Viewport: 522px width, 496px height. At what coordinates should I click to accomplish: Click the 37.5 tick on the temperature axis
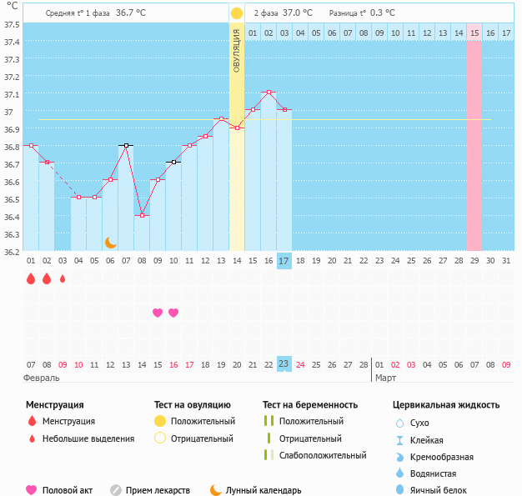11,24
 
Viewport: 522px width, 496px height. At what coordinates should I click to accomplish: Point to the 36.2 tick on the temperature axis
11,252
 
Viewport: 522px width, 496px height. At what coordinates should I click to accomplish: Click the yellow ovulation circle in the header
237,13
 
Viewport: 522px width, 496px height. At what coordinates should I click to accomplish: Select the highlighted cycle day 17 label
284,261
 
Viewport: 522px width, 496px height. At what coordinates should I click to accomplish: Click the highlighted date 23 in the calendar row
284,364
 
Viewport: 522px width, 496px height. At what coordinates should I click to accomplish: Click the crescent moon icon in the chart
110,242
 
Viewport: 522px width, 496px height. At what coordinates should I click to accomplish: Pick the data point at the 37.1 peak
269,93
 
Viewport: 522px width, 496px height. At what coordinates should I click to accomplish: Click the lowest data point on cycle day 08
142,215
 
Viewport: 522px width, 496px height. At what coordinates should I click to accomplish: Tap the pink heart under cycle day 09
158,313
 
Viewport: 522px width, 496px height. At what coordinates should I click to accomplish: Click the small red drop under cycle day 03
63,279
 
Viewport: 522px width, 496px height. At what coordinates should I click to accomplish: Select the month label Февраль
42,378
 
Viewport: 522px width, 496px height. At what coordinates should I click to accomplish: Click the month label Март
385,378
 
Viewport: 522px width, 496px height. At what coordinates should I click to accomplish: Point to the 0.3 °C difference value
382,13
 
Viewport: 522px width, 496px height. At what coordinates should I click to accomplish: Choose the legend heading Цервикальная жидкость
446,405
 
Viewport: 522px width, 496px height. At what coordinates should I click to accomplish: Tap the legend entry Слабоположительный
322,455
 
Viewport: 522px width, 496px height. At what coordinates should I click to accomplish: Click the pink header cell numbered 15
474,33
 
